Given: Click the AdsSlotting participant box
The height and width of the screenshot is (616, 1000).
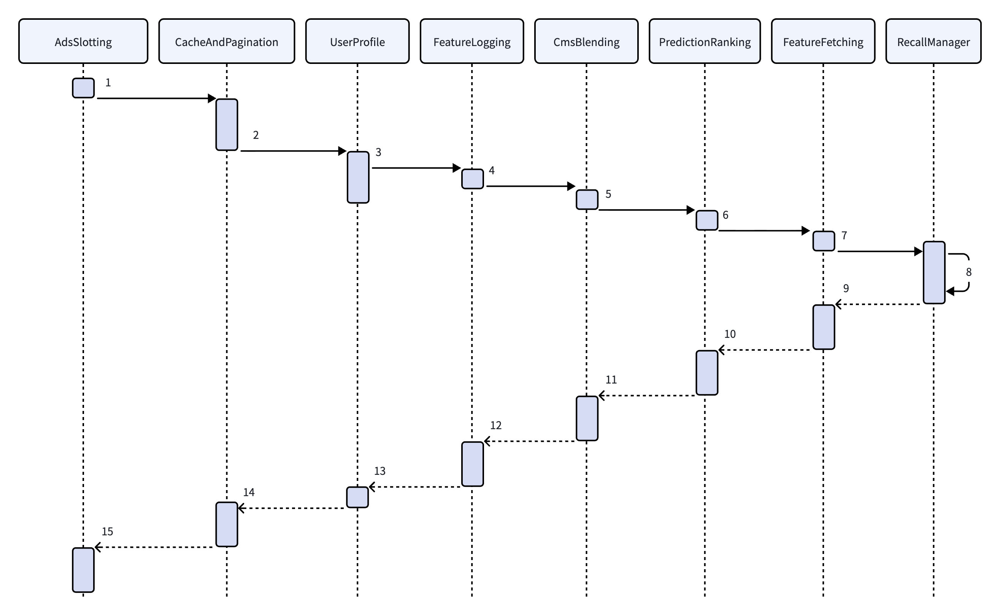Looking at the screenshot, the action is (83, 41).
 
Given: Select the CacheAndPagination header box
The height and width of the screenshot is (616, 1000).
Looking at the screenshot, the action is (226, 41).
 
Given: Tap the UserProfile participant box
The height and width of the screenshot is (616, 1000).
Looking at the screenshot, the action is (357, 41).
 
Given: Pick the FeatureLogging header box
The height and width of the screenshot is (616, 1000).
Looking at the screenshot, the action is (471, 41).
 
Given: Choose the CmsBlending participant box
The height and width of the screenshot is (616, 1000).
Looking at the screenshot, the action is (586, 41).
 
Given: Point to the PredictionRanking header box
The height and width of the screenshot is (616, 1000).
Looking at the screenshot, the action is (705, 41).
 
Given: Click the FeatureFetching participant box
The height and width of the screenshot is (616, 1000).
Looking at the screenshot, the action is (823, 41).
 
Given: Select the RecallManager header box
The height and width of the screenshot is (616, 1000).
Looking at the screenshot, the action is (933, 41).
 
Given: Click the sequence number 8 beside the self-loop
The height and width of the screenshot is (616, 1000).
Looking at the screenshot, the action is (969, 272).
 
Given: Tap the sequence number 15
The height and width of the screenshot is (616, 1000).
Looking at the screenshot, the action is (107, 531).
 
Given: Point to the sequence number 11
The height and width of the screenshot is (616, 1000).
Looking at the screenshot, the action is (611, 380).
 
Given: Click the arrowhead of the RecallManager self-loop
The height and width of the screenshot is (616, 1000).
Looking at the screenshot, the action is (950, 291).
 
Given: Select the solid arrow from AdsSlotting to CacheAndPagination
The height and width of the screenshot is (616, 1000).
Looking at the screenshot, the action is (156, 98).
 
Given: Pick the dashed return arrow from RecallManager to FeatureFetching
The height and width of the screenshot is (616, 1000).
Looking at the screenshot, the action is (878, 304).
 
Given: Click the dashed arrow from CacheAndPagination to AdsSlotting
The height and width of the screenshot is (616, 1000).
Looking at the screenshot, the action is (154, 547).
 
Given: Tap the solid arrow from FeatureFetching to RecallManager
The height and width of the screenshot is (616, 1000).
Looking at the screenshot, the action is (880, 251).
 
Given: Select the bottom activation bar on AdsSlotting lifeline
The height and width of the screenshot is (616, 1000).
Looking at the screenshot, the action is (83, 570).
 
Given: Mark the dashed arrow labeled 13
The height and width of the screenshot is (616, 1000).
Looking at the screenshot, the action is (415, 487).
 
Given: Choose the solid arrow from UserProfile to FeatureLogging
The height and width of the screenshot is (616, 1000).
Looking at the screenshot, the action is (416, 168).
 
